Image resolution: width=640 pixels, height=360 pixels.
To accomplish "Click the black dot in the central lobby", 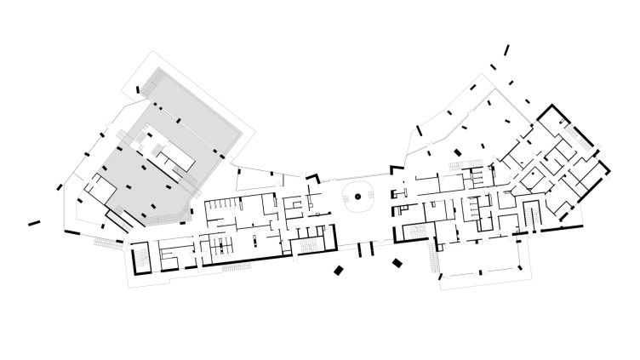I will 358,197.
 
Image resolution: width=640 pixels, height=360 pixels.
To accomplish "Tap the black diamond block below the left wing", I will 339,271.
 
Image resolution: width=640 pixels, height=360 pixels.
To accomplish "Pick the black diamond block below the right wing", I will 397,263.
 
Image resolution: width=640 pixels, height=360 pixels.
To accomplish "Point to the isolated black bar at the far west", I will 34,224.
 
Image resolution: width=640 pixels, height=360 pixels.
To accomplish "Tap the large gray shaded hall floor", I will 136,179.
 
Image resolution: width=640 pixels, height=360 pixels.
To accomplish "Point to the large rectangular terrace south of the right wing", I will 483,270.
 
